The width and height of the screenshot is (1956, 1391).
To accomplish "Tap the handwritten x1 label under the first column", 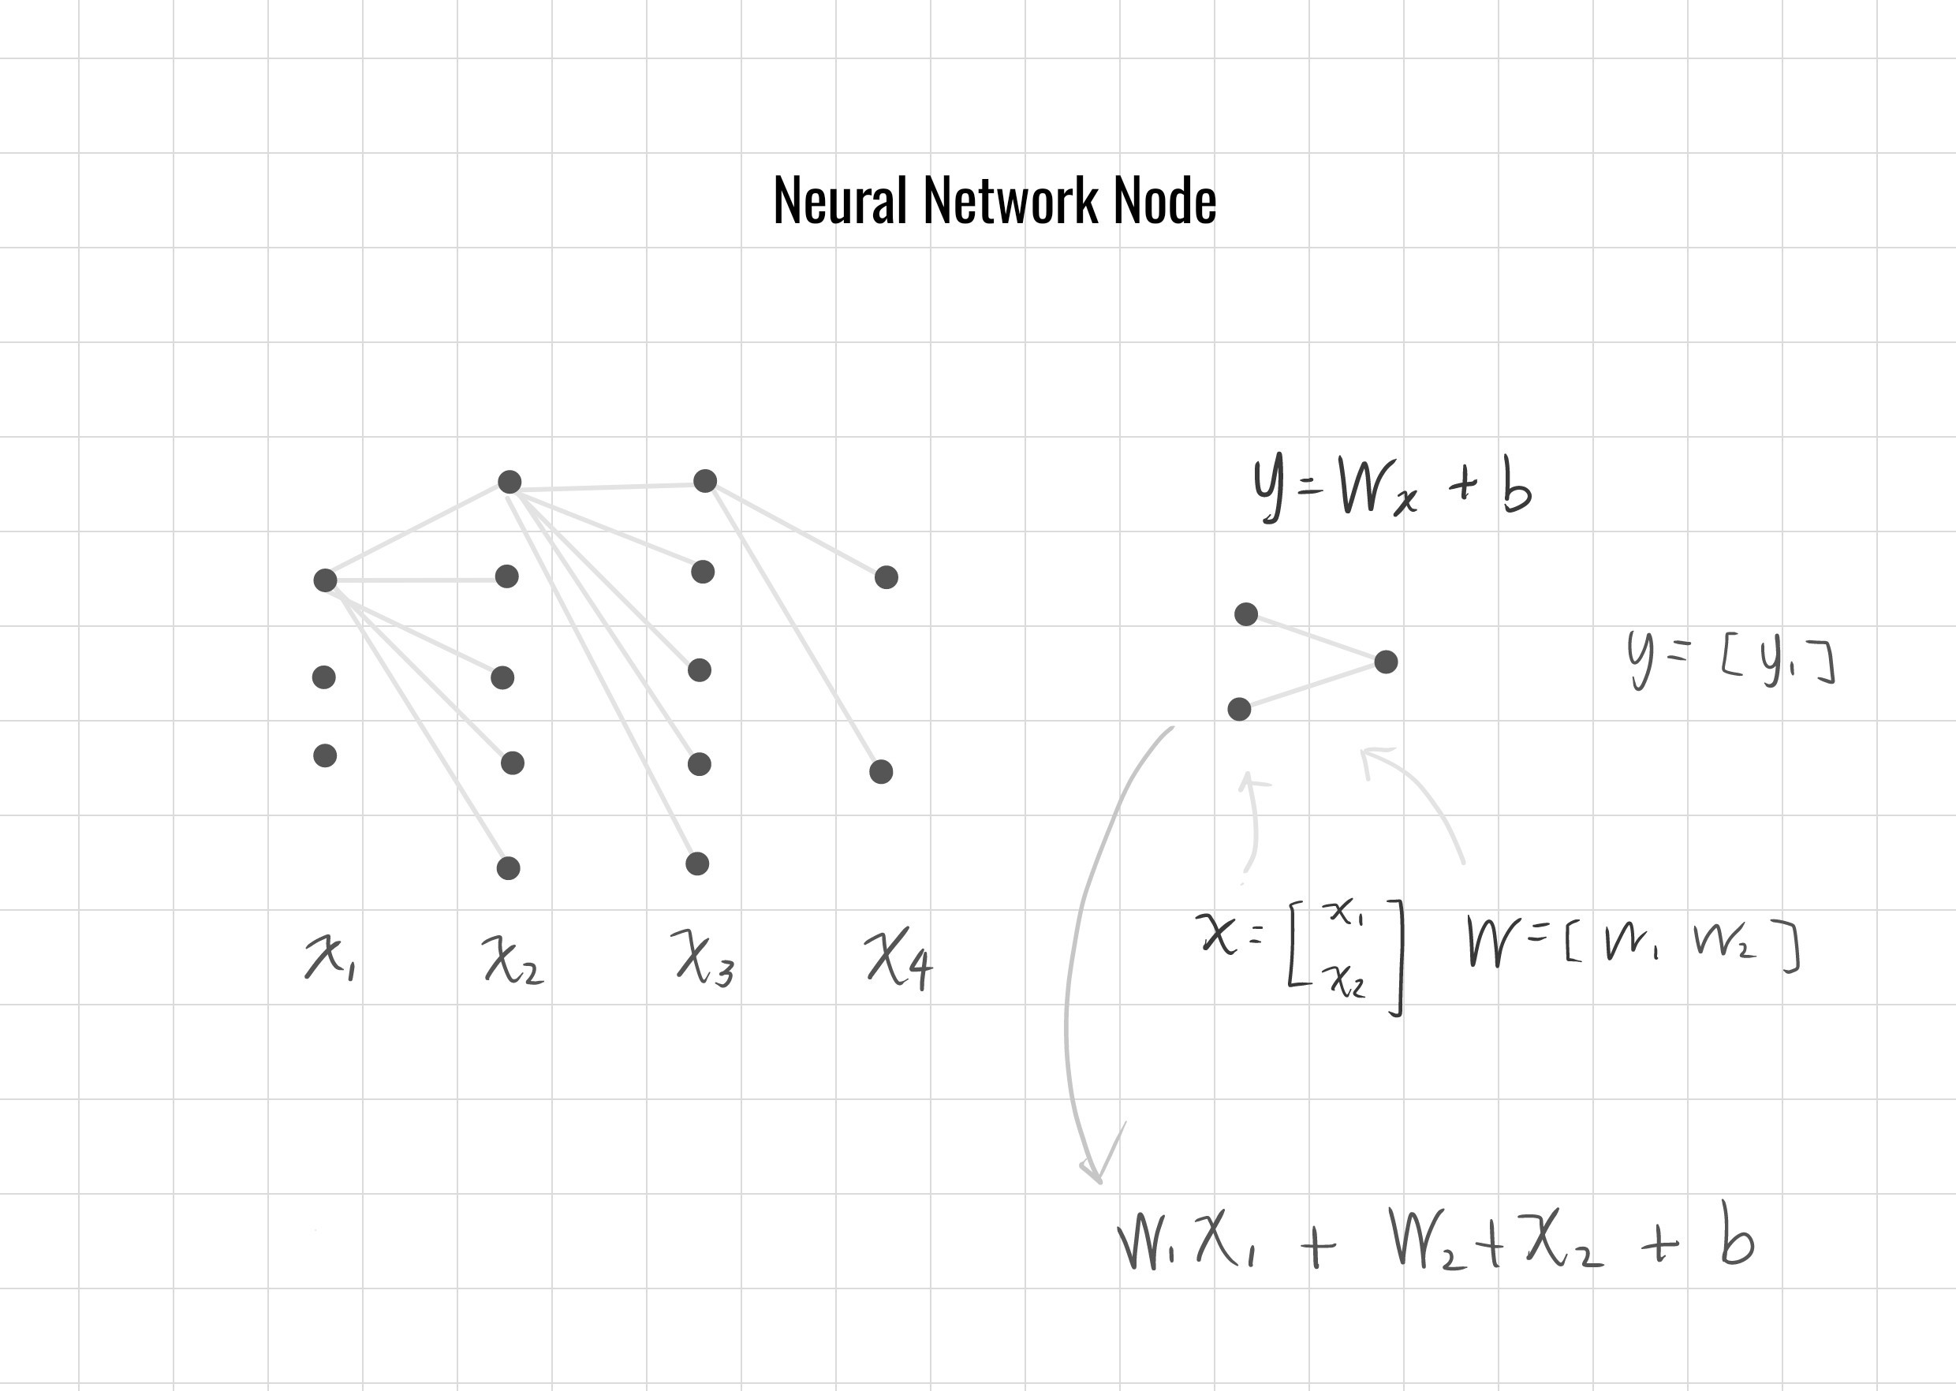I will [330, 957].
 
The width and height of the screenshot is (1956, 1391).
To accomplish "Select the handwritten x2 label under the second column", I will [512, 960].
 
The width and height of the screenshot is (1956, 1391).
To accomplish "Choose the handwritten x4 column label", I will [898, 960].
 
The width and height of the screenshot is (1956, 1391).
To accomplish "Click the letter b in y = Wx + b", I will [1517, 488].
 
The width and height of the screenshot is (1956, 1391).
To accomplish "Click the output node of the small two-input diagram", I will [1386, 662].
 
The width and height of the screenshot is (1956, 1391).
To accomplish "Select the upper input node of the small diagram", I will [1245, 613].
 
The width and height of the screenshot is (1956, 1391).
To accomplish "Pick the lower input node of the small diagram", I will [1239, 708].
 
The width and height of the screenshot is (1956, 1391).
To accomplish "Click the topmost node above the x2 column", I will [509, 481].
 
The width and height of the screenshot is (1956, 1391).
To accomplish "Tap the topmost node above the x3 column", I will [704, 480].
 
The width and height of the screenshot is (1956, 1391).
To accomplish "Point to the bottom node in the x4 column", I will [881, 772].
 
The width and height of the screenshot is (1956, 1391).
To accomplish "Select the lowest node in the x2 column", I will [508, 867].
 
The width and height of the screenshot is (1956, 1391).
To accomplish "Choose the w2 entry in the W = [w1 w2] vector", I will [1724, 943].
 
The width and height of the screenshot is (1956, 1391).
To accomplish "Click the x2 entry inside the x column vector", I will [1347, 980].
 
